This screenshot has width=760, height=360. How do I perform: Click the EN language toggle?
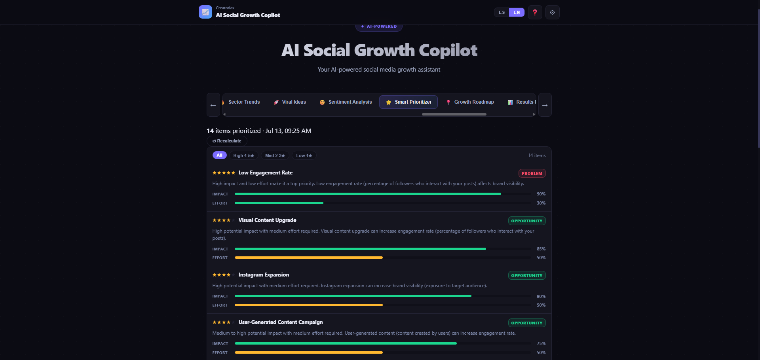517,12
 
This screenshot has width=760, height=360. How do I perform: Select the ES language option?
502,12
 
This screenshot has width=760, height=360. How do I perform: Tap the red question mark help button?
535,12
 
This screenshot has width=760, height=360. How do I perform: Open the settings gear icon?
552,12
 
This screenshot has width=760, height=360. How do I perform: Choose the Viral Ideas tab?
290,102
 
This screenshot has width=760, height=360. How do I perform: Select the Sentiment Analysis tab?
346,102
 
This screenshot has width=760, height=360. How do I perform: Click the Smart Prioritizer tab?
408,102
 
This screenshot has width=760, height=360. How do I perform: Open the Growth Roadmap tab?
470,102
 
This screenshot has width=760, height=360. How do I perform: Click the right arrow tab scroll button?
545,105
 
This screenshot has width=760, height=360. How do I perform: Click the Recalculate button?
227,141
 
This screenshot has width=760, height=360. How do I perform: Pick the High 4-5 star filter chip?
244,155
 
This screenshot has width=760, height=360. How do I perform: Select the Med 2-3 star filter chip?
275,155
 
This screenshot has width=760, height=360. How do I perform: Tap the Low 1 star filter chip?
304,155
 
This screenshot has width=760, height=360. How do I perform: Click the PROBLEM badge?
532,173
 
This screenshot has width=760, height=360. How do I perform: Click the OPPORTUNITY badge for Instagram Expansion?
527,275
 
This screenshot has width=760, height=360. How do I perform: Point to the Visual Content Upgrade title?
267,220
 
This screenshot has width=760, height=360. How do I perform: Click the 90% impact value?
541,194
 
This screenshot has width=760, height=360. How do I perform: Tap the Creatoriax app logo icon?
205,12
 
